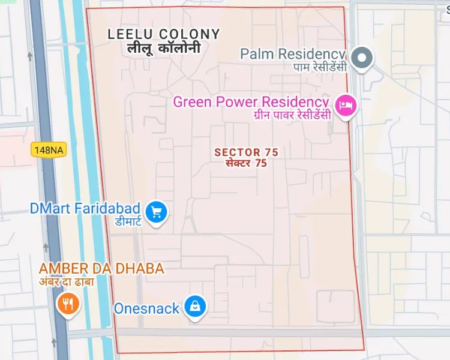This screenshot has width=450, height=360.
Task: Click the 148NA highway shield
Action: pyautogui.click(x=48, y=150)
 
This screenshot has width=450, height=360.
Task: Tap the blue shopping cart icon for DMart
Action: pyautogui.click(x=157, y=211)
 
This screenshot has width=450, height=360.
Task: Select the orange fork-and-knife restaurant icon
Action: pyautogui.click(x=68, y=304)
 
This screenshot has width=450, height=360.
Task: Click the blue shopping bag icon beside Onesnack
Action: pyautogui.click(x=195, y=307)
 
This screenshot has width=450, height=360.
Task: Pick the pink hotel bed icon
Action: pyautogui.click(x=346, y=106)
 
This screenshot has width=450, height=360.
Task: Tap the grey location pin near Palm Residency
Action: pyautogui.click(x=362, y=58)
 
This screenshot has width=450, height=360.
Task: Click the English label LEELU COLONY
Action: pyautogui.click(x=164, y=35)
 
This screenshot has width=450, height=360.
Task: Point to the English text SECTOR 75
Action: pyautogui.click(x=246, y=152)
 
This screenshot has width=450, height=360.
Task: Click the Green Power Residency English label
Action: pyautogui.click(x=251, y=101)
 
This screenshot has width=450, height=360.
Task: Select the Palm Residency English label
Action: pyautogui.click(x=293, y=54)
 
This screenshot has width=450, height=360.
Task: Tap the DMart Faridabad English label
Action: pyautogui.click(x=85, y=209)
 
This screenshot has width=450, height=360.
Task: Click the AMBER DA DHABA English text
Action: pyautogui.click(x=101, y=268)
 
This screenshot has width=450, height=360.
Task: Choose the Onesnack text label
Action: pyautogui.click(x=147, y=308)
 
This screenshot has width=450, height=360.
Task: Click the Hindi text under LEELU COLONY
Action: pyautogui.click(x=164, y=49)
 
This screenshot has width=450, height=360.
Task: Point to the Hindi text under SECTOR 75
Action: pyautogui.click(x=246, y=163)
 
